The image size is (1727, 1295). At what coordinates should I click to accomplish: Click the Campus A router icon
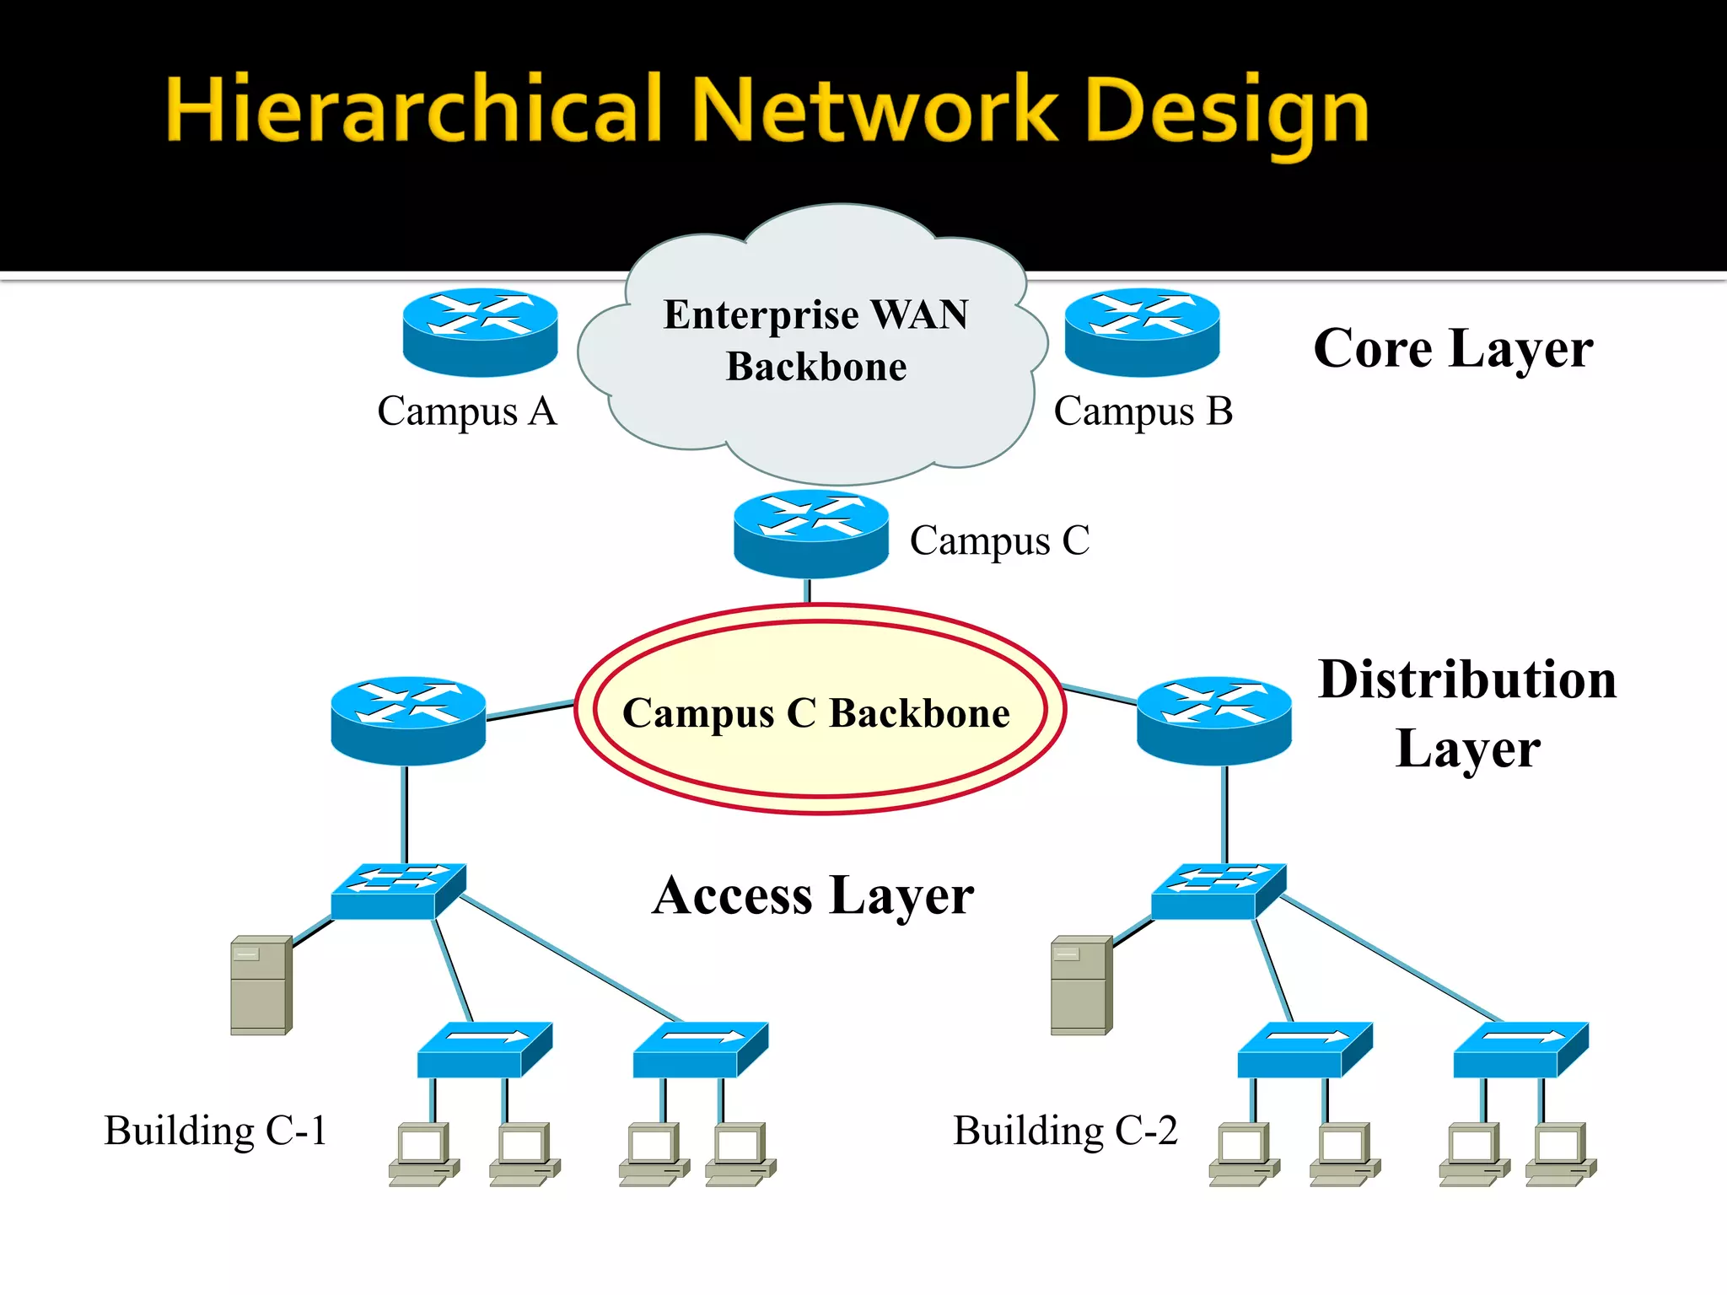pos(480,331)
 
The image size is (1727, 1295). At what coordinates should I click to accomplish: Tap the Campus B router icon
pos(1142,331)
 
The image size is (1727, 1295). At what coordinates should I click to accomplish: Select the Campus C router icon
pos(810,533)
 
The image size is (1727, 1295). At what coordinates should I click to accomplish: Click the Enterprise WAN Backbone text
pos(815,340)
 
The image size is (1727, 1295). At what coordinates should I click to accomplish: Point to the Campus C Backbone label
pos(815,713)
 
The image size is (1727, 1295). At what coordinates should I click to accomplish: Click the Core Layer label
pos(1453,348)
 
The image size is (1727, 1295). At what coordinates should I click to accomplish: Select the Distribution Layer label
pos(1467,713)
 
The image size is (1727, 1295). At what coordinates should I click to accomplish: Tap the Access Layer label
pos(813,895)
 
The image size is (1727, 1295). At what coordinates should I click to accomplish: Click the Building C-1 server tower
pos(261,985)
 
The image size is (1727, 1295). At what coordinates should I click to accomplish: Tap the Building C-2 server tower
pos(1081,985)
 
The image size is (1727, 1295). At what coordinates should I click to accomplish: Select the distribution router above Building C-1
pos(408,720)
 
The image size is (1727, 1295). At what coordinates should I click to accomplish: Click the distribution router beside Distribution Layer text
pos(1213,720)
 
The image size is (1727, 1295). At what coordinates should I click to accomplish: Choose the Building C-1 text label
pos(215,1131)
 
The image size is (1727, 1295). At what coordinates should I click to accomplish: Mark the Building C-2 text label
pos(1065,1131)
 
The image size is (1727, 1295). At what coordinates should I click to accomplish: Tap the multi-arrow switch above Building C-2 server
pos(1219,890)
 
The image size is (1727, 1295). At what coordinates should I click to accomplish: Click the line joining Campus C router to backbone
pos(808,591)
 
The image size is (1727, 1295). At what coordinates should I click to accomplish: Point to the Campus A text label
pos(466,411)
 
